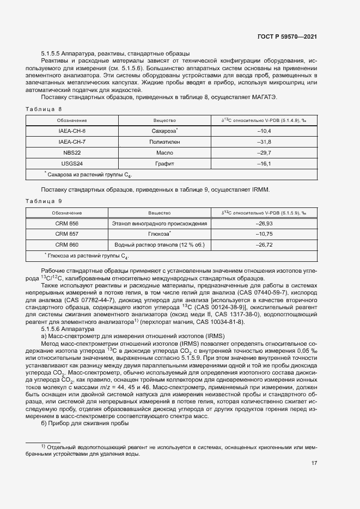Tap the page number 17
point(314,463)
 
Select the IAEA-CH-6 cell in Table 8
point(72,131)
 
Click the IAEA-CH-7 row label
point(72,142)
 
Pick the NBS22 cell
point(72,152)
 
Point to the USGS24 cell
point(72,163)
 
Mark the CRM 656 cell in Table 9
point(67,224)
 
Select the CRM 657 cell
point(67,234)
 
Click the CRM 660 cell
point(67,245)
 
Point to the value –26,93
point(264,224)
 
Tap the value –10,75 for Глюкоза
point(264,234)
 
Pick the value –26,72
point(264,245)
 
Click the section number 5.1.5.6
point(52,330)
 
